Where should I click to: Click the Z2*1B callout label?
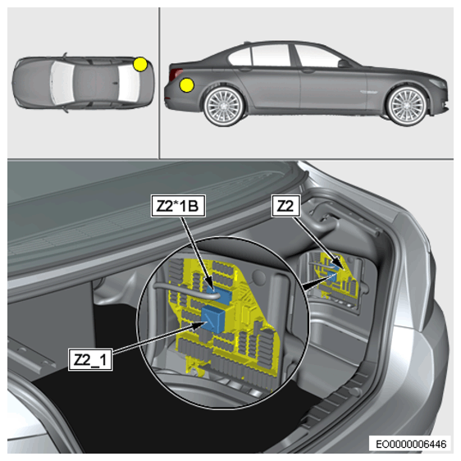(178, 206)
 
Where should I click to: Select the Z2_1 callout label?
(90, 359)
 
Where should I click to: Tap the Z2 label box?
(285, 206)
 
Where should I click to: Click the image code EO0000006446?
(411, 444)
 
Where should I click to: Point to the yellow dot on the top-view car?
(140, 64)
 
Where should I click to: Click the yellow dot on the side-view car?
(187, 85)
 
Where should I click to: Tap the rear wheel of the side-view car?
(223, 105)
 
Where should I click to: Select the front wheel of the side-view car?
(407, 105)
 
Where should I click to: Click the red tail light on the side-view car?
(176, 74)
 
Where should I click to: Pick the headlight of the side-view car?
(438, 83)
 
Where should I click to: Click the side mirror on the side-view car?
(344, 63)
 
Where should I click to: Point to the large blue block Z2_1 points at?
(214, 319)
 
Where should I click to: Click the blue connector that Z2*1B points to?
(219, 293)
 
